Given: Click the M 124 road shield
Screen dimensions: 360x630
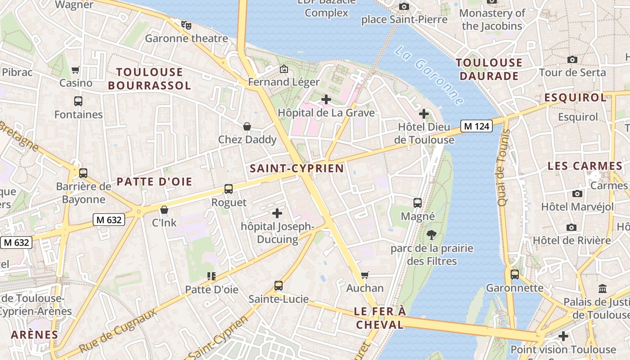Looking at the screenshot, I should point(476,126).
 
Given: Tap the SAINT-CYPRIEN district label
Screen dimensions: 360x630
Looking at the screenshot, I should point(297,169).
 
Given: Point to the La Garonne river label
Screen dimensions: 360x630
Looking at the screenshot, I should point(429,75).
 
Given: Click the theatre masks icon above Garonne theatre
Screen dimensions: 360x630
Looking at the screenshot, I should point(186,25).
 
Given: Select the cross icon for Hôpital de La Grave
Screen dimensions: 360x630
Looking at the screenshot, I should point(326,99).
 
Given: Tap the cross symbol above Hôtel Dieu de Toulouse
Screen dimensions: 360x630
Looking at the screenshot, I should point(423,114).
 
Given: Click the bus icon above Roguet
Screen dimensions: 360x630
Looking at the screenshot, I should point(229,189).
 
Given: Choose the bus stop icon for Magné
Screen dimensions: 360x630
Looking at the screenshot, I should point(418,203).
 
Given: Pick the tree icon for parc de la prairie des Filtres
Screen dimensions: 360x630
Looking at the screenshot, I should point(432,234).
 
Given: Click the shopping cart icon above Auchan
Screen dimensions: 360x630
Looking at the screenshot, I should point(365,274).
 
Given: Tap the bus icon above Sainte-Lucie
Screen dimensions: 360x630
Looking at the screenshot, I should point(279,285).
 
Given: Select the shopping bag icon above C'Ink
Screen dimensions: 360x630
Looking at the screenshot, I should point(164,210).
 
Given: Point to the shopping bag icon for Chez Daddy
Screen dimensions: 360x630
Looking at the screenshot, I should point(247,126).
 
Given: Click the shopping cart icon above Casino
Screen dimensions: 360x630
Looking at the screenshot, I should point(76,70).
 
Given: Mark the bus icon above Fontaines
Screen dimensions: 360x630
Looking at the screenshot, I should point(78,101).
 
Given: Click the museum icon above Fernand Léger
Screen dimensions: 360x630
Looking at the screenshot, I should point(284,69).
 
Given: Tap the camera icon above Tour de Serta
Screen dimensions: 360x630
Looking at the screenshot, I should point(572,59).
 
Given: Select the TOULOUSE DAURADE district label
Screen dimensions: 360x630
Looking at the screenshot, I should point(489,69).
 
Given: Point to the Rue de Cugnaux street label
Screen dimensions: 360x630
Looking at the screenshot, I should point(118,330).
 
